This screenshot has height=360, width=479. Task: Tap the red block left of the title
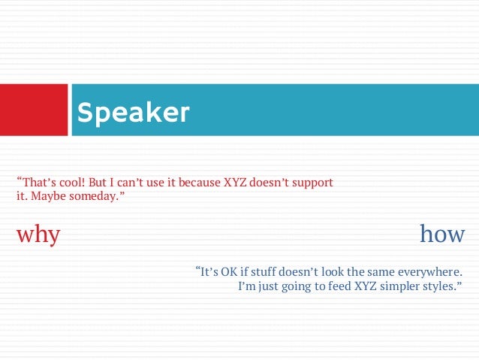coord(34,110)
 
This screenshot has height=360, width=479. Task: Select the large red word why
coord(38,234)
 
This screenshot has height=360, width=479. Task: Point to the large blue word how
coord(442,234)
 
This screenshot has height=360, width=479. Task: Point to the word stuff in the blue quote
coord(264,271)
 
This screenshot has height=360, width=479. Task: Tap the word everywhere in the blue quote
coord(441,271)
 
